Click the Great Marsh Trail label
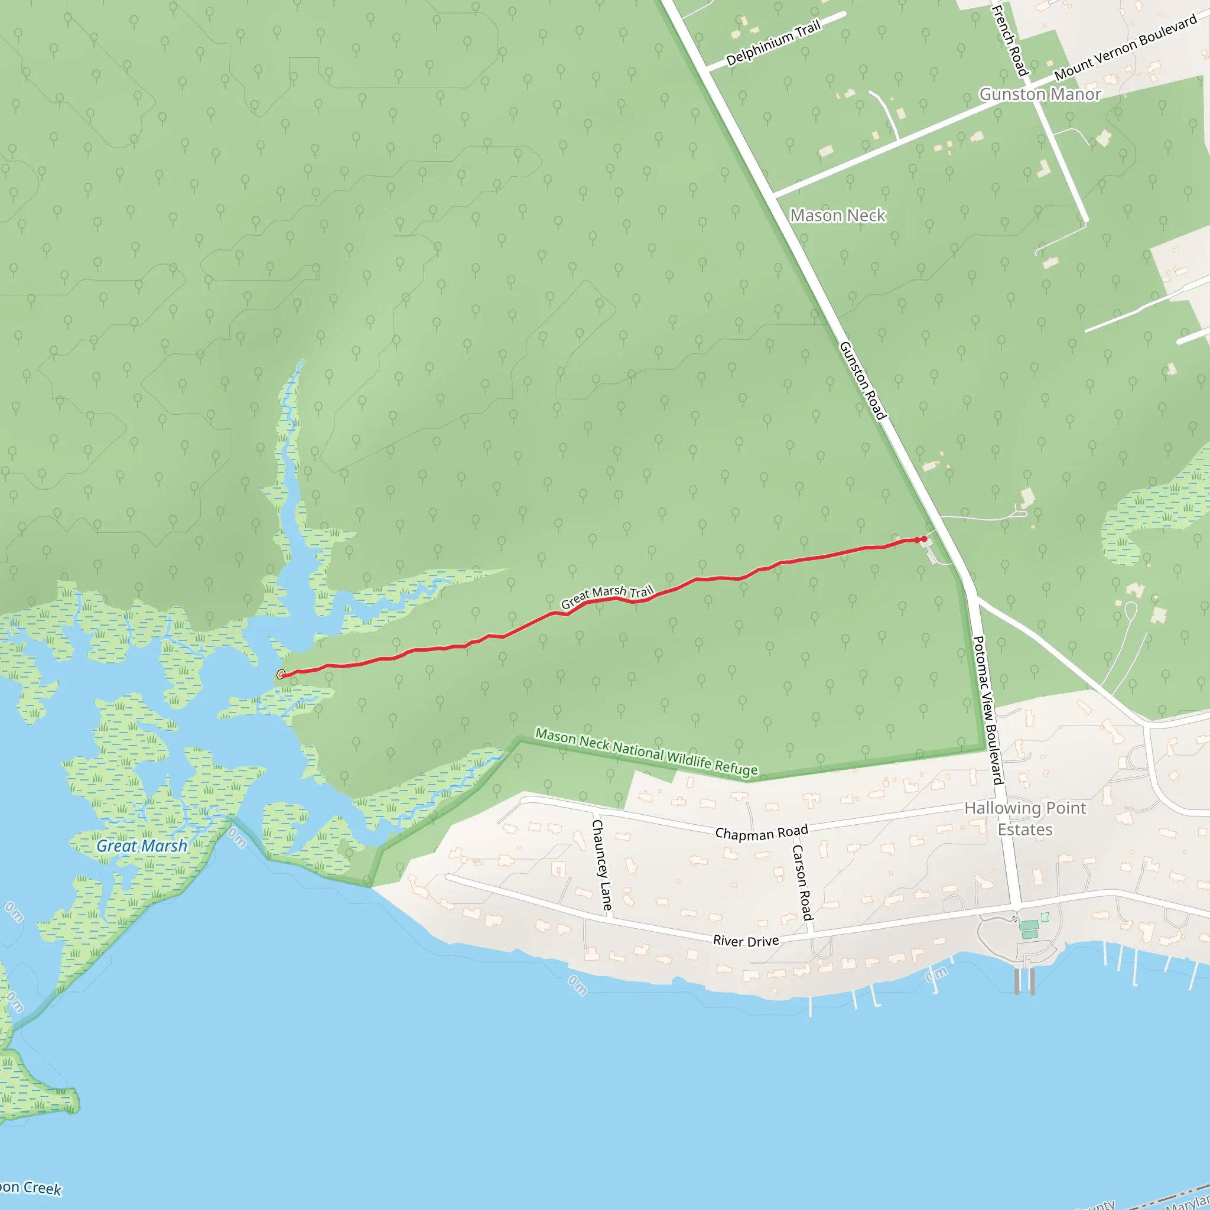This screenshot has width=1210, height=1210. point(606,596)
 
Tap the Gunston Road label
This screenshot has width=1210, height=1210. point(863,380)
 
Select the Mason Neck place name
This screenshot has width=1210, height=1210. point(837,216)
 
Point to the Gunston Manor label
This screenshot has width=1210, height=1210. point(1040,94)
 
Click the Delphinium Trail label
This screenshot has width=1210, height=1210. point(773,43)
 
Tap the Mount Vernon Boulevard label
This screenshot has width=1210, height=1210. point(1126,48)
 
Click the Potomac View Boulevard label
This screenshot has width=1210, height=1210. point(988,710)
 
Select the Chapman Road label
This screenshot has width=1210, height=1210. point(762,832)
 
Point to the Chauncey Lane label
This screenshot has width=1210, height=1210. point(602,865)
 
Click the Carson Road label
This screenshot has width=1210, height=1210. point(802,883)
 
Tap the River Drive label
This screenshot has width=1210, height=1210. point(746,941)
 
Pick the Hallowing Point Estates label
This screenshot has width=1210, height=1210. point(1025,818)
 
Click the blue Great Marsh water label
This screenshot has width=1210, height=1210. point(142,846)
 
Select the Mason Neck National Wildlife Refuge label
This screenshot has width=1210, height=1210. point(646,752)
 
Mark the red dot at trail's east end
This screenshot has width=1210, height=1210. point(924,539)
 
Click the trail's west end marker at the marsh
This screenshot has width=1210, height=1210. point(281,675)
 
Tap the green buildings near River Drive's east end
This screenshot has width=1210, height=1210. point(1029,929)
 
